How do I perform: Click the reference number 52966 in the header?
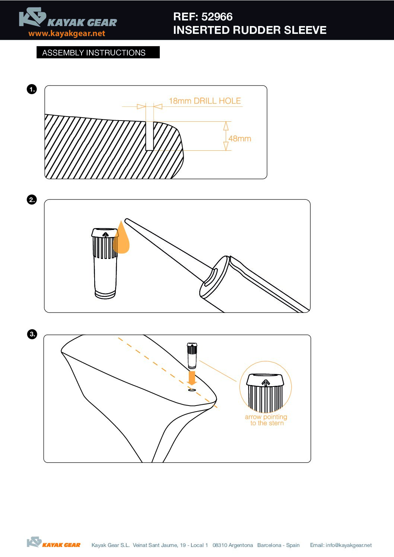[x=217, y=17]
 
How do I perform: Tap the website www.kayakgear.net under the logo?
[x=67, y=33]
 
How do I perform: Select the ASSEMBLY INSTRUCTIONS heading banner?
[x=98, y=52]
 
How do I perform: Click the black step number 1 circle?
[x=32, y=89]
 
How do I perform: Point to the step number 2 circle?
[x=32, y=200]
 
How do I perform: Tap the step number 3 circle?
[x=32, y=334]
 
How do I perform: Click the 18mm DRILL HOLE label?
[x=205, y=101]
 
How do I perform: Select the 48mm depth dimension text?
[x=240, y=138]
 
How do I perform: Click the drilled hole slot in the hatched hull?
[x=149, y=136]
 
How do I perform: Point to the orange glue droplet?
[x=121, y=238]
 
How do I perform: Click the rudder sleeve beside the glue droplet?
[x=105, y=263]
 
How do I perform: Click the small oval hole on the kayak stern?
[x=192, y=390]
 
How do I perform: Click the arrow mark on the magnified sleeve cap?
[x=266, y=383]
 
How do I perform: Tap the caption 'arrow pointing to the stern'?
[x=266, y=420]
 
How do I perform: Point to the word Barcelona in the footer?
[x=269, y=545]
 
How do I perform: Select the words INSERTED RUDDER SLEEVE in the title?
[x=250, y=30]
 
